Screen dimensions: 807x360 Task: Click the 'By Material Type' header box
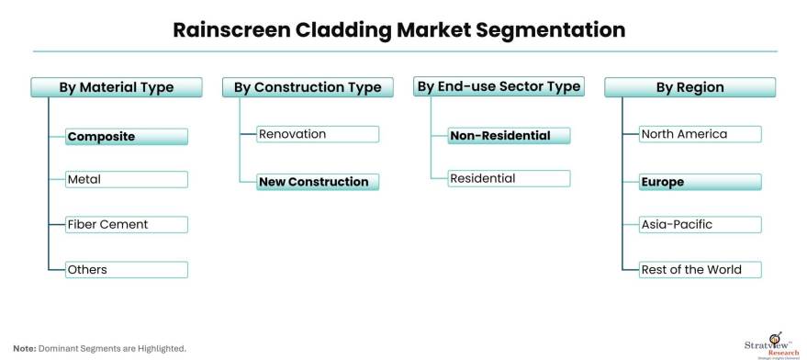117,87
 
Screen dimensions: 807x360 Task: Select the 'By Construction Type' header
308,87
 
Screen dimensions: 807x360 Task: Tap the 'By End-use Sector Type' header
499,86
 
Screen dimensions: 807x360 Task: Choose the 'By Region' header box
689,87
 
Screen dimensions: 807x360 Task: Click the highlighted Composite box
127,137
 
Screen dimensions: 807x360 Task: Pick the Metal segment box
127,179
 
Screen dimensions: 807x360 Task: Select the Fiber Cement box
127,225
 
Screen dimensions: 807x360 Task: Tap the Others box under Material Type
127,269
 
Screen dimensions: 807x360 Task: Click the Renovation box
318,134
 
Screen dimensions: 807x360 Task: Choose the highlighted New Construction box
318,182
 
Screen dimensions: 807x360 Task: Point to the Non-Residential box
509,135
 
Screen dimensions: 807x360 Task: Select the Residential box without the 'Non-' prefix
509,178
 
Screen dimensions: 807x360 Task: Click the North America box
700,134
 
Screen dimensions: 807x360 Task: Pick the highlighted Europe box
700,182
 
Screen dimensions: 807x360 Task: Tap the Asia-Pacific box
700,225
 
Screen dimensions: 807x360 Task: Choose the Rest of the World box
700,269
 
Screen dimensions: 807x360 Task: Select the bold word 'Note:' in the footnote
25,349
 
